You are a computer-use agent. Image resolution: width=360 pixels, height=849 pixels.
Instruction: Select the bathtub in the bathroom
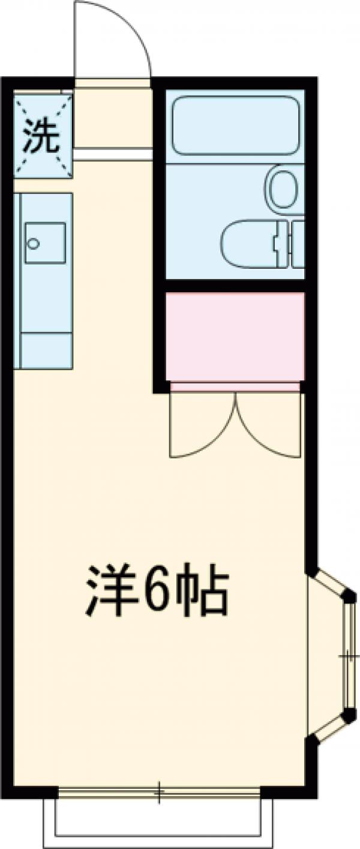[235, 125]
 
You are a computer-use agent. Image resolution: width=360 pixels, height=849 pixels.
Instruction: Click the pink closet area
[235, 336]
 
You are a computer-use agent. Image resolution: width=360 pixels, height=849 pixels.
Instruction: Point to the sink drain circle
[34, 244]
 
